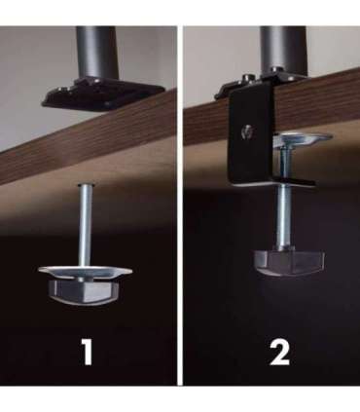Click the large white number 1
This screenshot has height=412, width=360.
pyautogui.click(x=88, y=353)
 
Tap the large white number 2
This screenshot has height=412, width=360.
pyautogui.click(x=280, y=353)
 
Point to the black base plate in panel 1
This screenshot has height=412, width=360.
pyautogui.click(x=102, y=95)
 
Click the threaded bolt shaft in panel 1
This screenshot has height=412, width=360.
pyautogui.click(x=86, y=226)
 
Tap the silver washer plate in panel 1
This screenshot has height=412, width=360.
pyautogui.click(x=85, y=272)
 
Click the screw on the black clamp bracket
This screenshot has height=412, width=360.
pyautogui.click(x=247, y=131)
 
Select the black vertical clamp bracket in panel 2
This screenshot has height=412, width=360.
pyautogui.click(x=251, y=136)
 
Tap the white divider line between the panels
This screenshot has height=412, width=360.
pyautogui.click(x=180, y=206)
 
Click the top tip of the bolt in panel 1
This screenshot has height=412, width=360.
pyautogui.click(x=86, y=184)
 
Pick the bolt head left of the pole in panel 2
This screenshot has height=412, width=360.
pyautogui.click(x=248, y=78)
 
